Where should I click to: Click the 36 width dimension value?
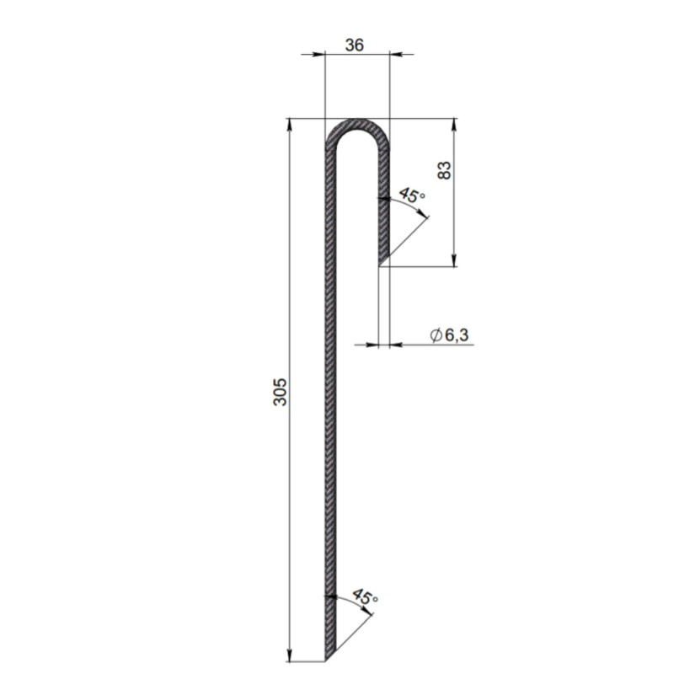pyautogui.click(x=354, y=45)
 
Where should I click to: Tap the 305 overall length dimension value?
pyautogui.click(x=280, y=392)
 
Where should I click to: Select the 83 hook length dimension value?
pyautogui.click(x=445, y=170)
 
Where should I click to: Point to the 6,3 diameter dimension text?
pyautogui.click(x=457, y=334)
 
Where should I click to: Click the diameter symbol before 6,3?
pyautogui.click(x=436, y=335)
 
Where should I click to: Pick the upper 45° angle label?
pyautogui.click(x=412, y=195)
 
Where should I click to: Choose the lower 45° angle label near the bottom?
pyautogui.click(x=365, y=597)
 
